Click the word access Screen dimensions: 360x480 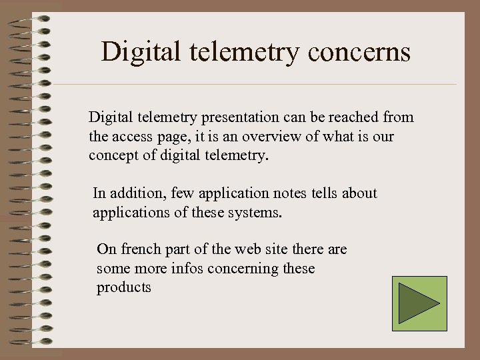(x=136, y=137)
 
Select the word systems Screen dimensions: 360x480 (x=257, y=213)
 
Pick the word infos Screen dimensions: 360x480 (x=189, y=269)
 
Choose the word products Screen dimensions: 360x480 (x=124, y=288)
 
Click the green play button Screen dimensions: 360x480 (x=419, y=303)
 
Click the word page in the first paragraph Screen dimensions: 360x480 (x=176, y=137)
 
